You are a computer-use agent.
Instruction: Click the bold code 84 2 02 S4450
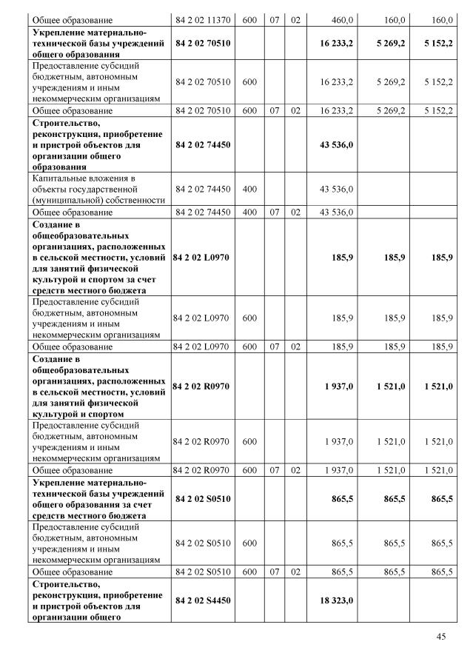[203, 600]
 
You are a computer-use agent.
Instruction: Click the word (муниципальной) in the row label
[65, 199]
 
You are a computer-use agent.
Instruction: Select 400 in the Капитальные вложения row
[249, 189]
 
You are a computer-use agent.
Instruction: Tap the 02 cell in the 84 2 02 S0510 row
[295, 572]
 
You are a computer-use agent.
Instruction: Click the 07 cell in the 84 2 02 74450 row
[275, 212]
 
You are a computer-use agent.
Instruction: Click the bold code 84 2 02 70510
[203, 44]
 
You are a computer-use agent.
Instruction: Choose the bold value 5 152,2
[438, 44]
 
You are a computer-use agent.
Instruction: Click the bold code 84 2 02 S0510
[203, 500]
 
